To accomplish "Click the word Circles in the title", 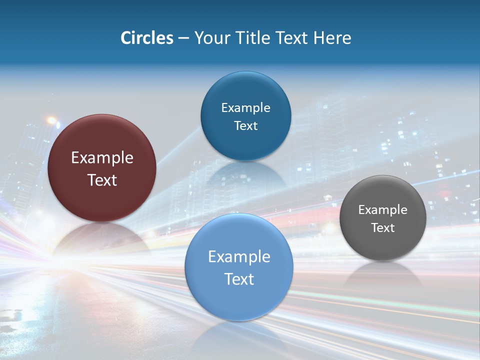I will click(146, 38).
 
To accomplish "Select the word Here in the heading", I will click(332, 38).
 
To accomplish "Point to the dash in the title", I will click(183, 38).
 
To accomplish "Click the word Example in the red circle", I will click(102, 158).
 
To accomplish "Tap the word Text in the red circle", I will click(102, 180).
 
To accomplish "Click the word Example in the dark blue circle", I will click(245, 108).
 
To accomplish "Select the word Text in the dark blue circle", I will click(245, 125).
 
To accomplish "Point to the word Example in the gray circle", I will click(383, 210).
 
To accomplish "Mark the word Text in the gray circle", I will click(383, 228).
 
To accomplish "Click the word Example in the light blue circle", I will click(239, 257).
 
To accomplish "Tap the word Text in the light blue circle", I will click(239, 279).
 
